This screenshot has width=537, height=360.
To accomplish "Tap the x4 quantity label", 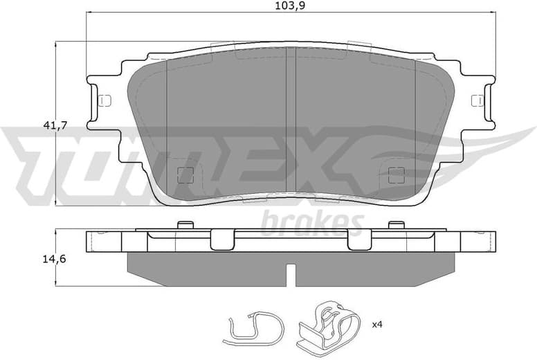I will [x=378, y=324].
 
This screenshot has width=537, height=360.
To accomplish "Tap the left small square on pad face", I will [x=185, y=175].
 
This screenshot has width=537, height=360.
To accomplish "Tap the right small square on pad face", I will [x=397, y=175].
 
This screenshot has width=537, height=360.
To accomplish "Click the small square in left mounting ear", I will [x=104, y=100].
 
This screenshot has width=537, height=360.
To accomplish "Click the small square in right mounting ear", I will [x=477, y=100].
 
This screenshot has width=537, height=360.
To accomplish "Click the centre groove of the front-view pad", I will [x=291, y=118].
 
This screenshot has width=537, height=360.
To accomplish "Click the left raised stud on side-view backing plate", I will [x=185, y=224].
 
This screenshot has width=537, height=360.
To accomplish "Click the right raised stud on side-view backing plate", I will [x=396, y=224].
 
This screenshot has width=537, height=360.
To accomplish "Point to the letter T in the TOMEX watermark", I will [x=42, y=163].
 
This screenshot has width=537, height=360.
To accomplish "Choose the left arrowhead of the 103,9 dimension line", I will [x=89, y=13].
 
